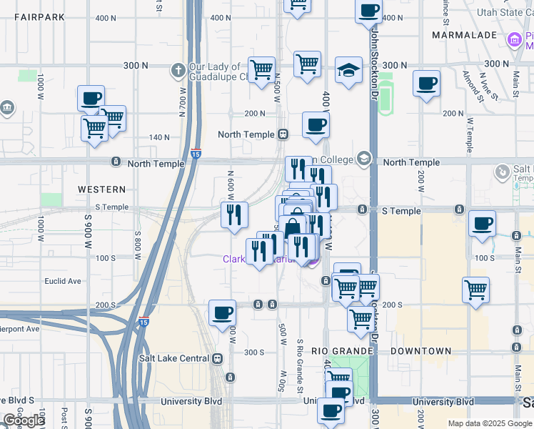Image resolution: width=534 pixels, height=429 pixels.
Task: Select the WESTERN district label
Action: (x=104, y=189)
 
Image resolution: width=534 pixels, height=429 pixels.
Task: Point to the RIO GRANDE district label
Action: (x=342, y=351)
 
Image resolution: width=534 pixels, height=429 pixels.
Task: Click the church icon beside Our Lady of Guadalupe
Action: (x=178, y=70)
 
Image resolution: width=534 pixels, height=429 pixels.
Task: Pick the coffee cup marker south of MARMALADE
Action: (x=426, y=83)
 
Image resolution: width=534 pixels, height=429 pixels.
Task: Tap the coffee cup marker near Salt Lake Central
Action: (x=222, y=312)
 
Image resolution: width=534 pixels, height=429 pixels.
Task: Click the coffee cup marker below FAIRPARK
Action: (x=91, y=99)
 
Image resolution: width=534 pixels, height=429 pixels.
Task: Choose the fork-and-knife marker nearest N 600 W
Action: (x=234, y=215)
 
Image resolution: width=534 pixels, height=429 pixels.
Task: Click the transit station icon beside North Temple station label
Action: (x=283, y=134)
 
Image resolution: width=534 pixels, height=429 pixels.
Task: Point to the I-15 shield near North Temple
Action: (x=196, y=153)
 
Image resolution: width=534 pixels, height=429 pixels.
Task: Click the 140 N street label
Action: (x=159, y=137)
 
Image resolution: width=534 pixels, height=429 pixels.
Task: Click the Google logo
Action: (x=24, y=420)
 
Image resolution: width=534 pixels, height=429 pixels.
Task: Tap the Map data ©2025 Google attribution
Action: (x=490, y=423)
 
